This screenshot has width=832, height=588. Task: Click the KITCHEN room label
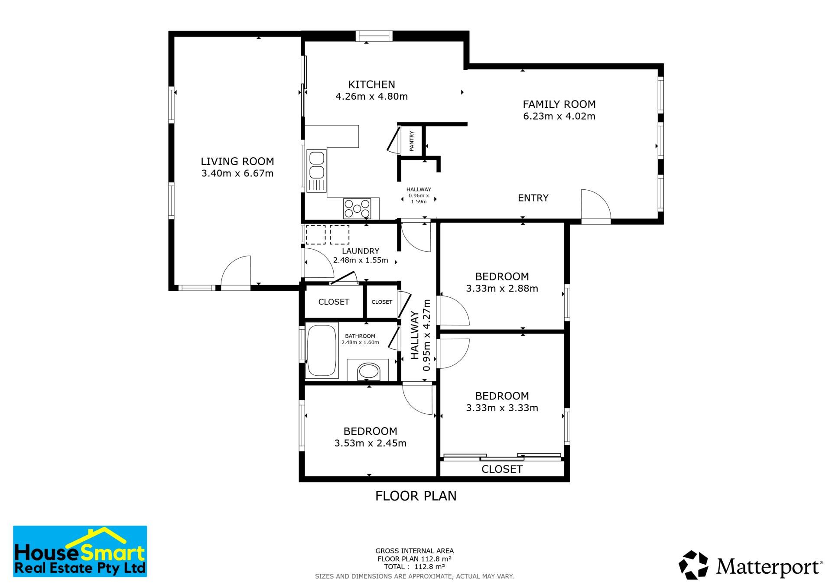(372, 84)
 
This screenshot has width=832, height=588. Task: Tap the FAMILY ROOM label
(559, 104)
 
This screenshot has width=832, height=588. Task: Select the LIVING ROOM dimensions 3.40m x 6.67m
(237, 173)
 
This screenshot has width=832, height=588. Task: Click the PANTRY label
(412, 141)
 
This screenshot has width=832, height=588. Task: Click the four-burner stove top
(357, 208)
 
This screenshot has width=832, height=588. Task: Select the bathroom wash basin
(368, 371)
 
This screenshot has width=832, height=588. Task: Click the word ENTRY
(533, 198)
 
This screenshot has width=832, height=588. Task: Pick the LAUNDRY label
(361, 251)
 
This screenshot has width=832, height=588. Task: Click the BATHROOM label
(360, 336)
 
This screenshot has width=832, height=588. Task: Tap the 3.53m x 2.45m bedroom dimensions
(370, 443)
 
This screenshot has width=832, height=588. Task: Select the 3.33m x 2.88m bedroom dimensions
(502, 289)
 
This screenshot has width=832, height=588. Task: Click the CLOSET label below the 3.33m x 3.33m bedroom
(502, 469)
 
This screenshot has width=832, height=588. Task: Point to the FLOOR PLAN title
(416, 496)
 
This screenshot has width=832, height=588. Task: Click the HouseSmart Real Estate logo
(80, 551)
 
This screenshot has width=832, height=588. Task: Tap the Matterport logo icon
(693, 565)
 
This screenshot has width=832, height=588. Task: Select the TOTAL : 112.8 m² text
(414, 567)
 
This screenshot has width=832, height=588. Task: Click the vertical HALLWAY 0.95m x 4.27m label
(420, 335)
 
